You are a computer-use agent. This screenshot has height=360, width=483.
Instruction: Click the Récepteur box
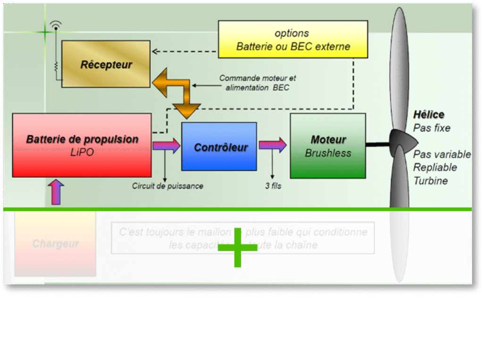click(x=106, y=64)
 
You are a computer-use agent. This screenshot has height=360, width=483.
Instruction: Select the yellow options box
click(x=293, y=40)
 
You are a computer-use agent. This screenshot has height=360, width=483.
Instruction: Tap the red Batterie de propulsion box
click(x=82, y=145)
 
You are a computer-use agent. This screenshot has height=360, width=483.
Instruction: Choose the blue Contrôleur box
click(x=219, y=147)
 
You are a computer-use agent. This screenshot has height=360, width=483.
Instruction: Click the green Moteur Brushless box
click(x=328, y=146)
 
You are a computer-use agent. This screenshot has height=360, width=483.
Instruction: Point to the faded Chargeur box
click(x=55, y=244)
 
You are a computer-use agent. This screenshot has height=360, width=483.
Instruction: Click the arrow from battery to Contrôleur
click(x=166, y=145)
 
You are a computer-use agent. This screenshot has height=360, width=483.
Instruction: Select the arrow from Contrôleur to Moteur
click(x=273, y=145)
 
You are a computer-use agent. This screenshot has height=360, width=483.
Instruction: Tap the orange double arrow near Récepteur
click(x=177, y=92)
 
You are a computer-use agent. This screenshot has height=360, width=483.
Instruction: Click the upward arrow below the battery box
click(x=56, y=192)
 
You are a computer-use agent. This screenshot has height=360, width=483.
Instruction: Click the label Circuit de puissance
click(x=167, y=186)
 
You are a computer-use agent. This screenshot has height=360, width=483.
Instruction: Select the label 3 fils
click(x=273, y=186)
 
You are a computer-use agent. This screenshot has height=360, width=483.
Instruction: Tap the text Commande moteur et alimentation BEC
click(x=258, y=83)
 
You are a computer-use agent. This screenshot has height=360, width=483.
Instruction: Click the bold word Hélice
click(x=429, y=115)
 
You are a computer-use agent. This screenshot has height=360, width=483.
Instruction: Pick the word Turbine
click(x=431, y=181)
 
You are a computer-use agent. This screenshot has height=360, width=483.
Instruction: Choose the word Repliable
click(x=435, y=167)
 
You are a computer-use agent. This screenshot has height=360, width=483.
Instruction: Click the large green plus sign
click(x=237, y=247)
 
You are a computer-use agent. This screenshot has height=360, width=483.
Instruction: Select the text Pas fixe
click(x=432, y=128)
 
